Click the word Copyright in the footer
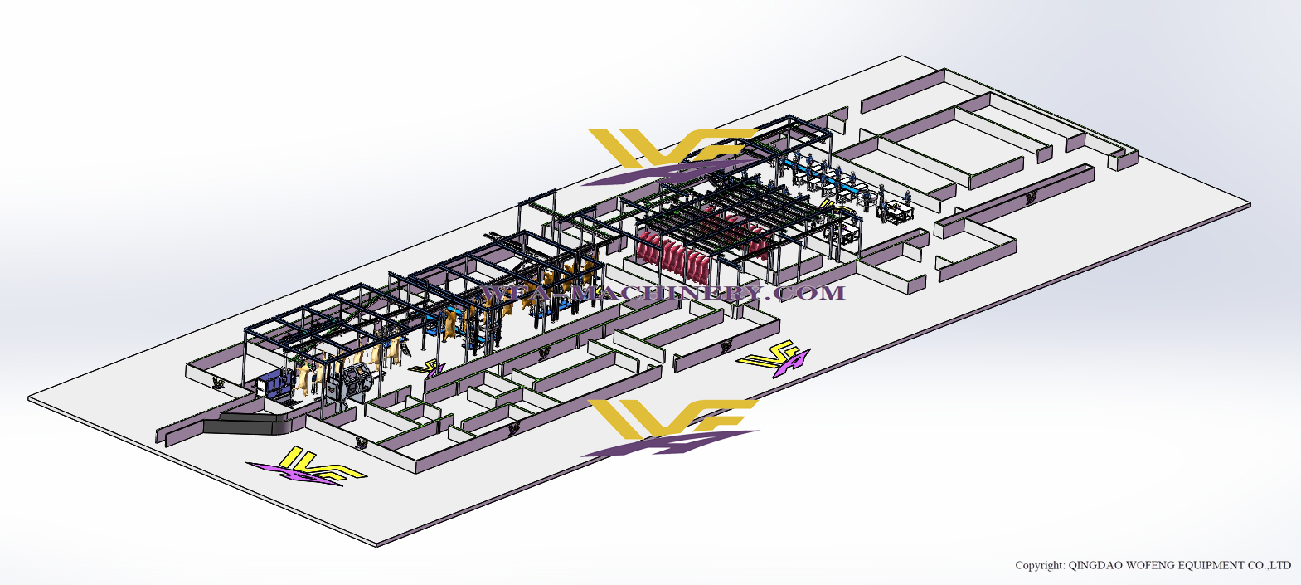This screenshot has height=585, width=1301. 1040,565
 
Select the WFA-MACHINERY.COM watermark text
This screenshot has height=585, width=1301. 663,293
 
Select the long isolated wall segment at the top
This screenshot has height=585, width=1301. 904,91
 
